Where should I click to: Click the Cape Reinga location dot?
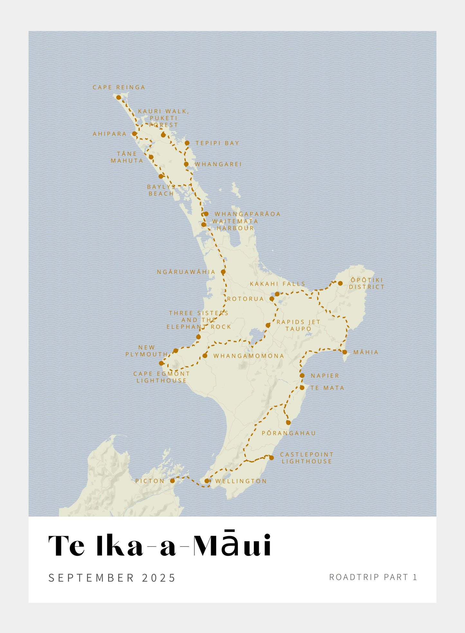118,97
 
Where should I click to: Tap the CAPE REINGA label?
119,87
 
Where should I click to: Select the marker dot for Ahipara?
134,134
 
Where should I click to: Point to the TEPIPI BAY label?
217,143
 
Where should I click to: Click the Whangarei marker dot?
186,164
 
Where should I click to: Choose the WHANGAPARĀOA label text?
247,214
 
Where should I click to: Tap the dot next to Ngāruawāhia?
223,272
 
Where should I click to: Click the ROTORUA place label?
245,299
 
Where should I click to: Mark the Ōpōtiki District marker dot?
340,283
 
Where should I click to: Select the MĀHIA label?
366,352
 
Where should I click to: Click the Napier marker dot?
302,376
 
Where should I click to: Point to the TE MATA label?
327,388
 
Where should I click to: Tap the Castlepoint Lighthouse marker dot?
271,458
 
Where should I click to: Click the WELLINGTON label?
241,481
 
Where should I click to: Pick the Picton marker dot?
172,481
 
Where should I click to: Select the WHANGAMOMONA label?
249,356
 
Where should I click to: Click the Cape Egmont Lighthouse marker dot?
161,363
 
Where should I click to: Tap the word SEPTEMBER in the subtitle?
91,578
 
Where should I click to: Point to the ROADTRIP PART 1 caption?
373,577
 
